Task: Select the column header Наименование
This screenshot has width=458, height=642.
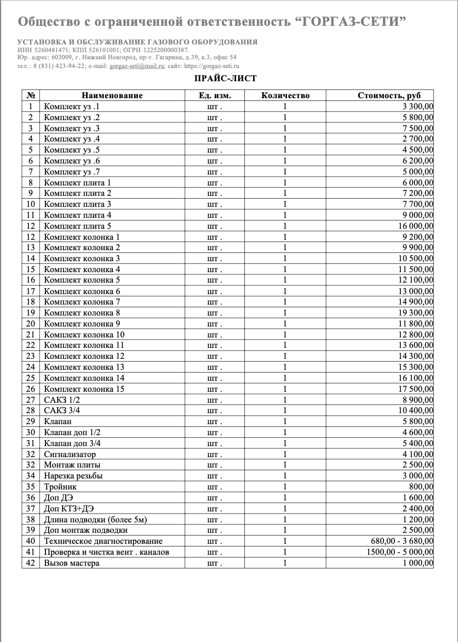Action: click(x=112, y=95)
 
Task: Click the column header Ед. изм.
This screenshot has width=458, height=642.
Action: click(x=215, y=95)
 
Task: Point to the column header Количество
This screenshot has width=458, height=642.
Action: click(x=285, y=95)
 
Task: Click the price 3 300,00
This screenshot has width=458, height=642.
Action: click(x=417, y=106)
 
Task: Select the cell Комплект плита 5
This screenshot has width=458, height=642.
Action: click(x=78, y=226)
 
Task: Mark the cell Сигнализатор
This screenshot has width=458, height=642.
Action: click(x=70, y=454)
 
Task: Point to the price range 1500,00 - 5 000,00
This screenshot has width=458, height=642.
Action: click(x=400, y=552)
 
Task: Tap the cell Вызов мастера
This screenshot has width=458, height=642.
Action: click(x=72, y=563)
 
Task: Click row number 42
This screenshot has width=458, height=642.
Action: click(x=31, y=563)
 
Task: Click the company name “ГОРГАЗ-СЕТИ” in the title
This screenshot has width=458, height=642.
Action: click(x=351, y=22)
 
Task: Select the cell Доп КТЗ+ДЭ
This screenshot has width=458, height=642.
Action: click(x=65, y=509)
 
